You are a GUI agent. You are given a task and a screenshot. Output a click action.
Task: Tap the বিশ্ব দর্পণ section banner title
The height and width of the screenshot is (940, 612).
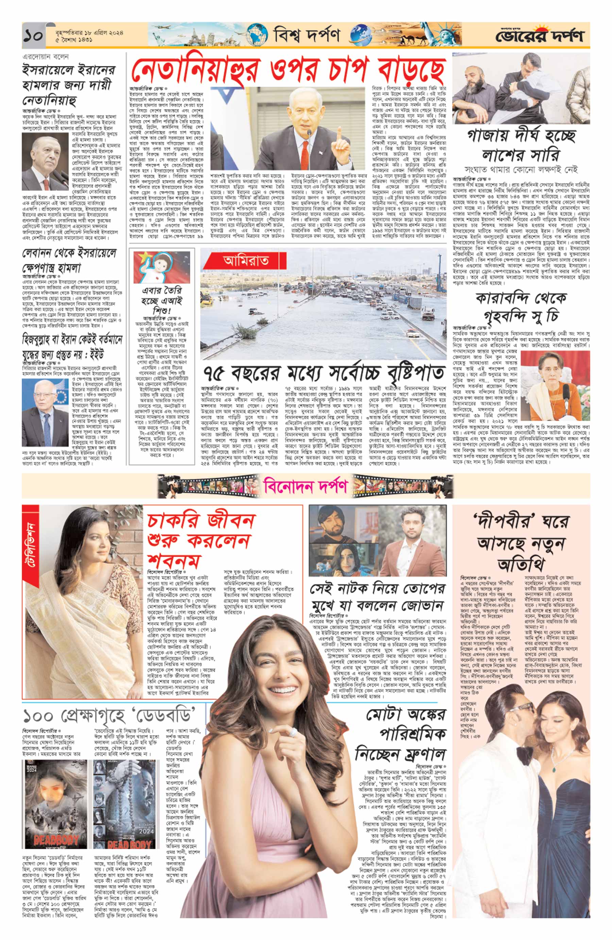pos(306,36)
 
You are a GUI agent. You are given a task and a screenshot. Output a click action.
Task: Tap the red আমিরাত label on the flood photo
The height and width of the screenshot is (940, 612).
pos(245,260)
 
